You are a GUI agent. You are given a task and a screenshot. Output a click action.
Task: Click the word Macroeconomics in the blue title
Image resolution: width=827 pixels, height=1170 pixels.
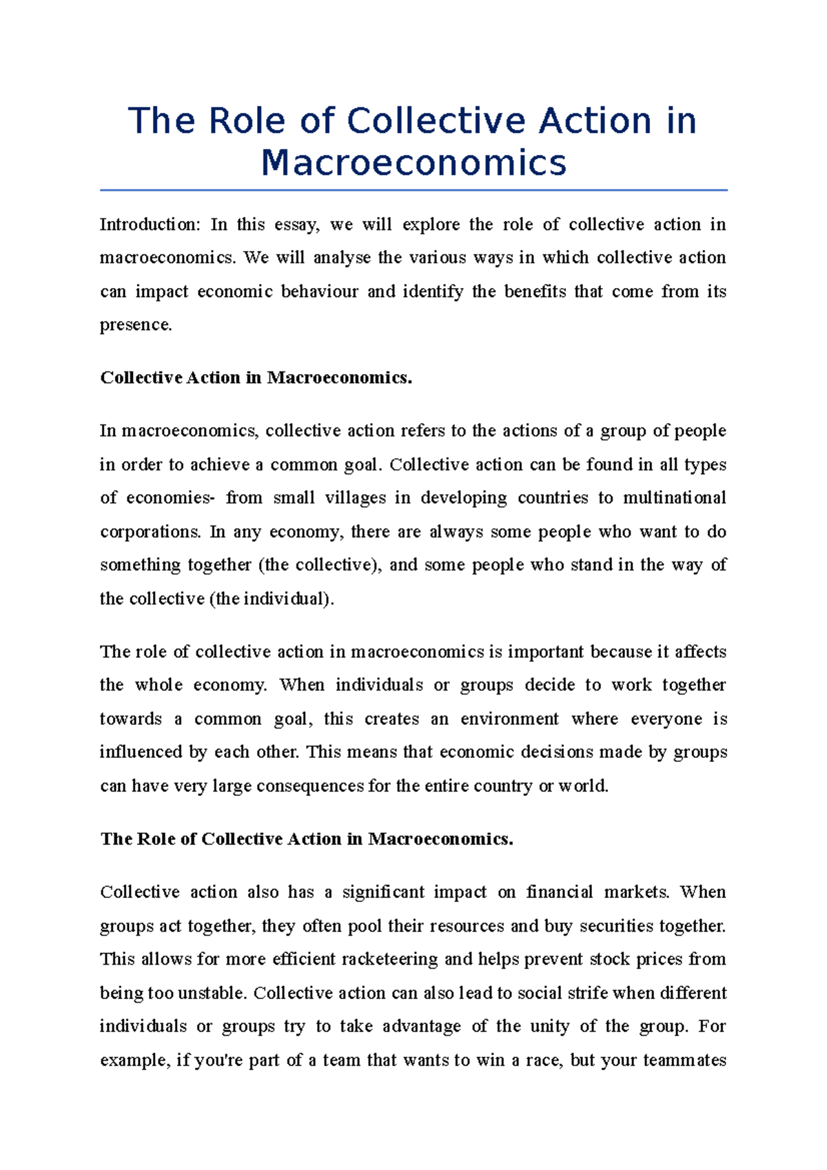point(413,163)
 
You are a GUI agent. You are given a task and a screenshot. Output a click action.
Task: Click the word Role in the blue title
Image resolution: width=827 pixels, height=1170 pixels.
point(247,121)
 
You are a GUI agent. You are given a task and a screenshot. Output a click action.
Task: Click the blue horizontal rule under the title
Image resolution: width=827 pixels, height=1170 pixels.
point(413,189)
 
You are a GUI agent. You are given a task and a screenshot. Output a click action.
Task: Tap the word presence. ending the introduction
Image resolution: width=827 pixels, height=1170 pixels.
point(136,325)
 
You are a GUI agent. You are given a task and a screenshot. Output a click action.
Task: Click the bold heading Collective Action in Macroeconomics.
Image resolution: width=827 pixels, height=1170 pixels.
point(256,378)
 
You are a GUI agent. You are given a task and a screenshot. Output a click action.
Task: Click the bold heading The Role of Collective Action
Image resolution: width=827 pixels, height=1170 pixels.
point(307,839)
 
